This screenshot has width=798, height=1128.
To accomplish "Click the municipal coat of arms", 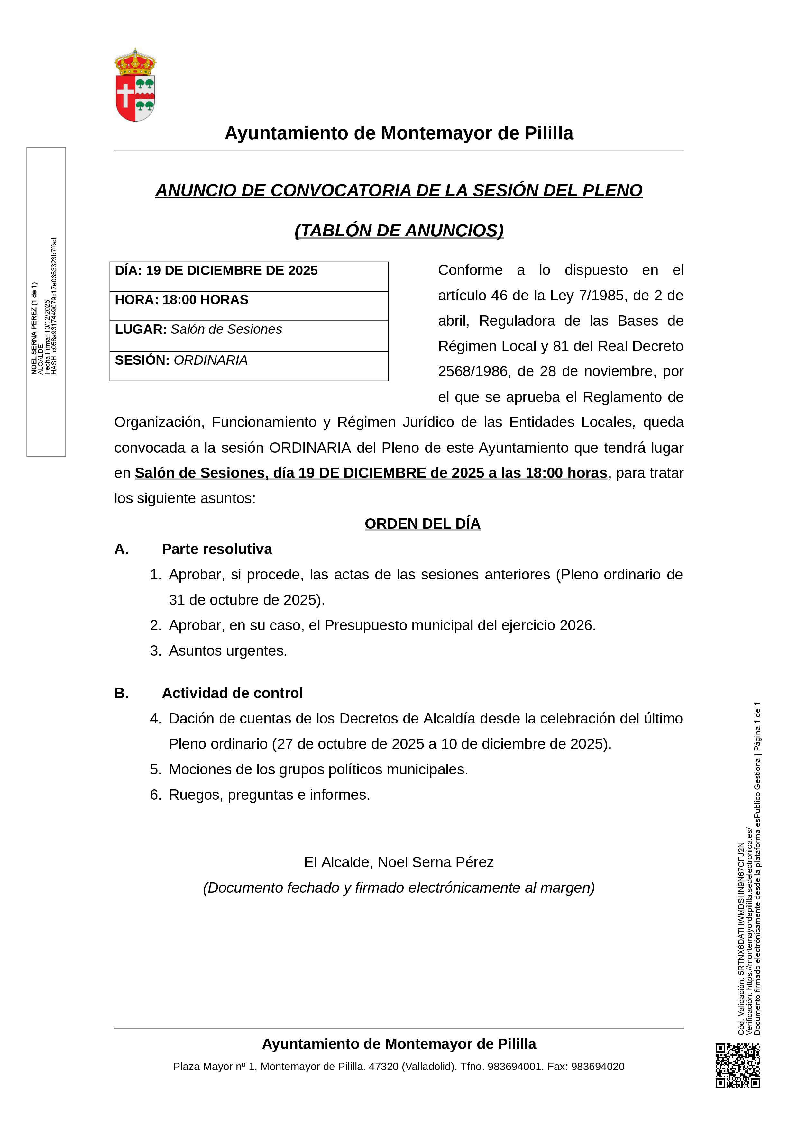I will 135,85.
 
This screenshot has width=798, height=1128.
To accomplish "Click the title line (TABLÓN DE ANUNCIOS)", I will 399,231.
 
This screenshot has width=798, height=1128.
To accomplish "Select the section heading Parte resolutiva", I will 217,549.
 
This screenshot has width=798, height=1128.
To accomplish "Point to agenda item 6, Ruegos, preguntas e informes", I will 269,795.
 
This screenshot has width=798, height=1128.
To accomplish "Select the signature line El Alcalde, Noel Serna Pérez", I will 399,862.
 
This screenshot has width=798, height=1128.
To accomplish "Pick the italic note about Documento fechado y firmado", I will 399,888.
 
